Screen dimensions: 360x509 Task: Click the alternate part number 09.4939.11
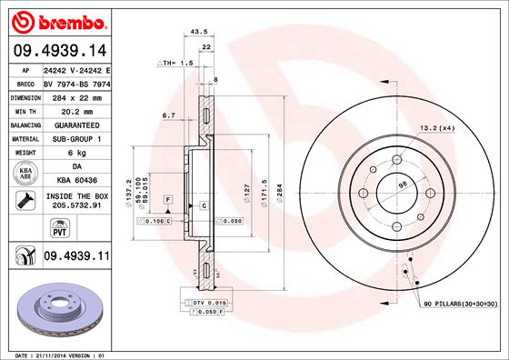[x=75, y=259]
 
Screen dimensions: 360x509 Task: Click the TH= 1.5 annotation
[x=175, y=63]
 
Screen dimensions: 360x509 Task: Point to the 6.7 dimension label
[x=168, y=115]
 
